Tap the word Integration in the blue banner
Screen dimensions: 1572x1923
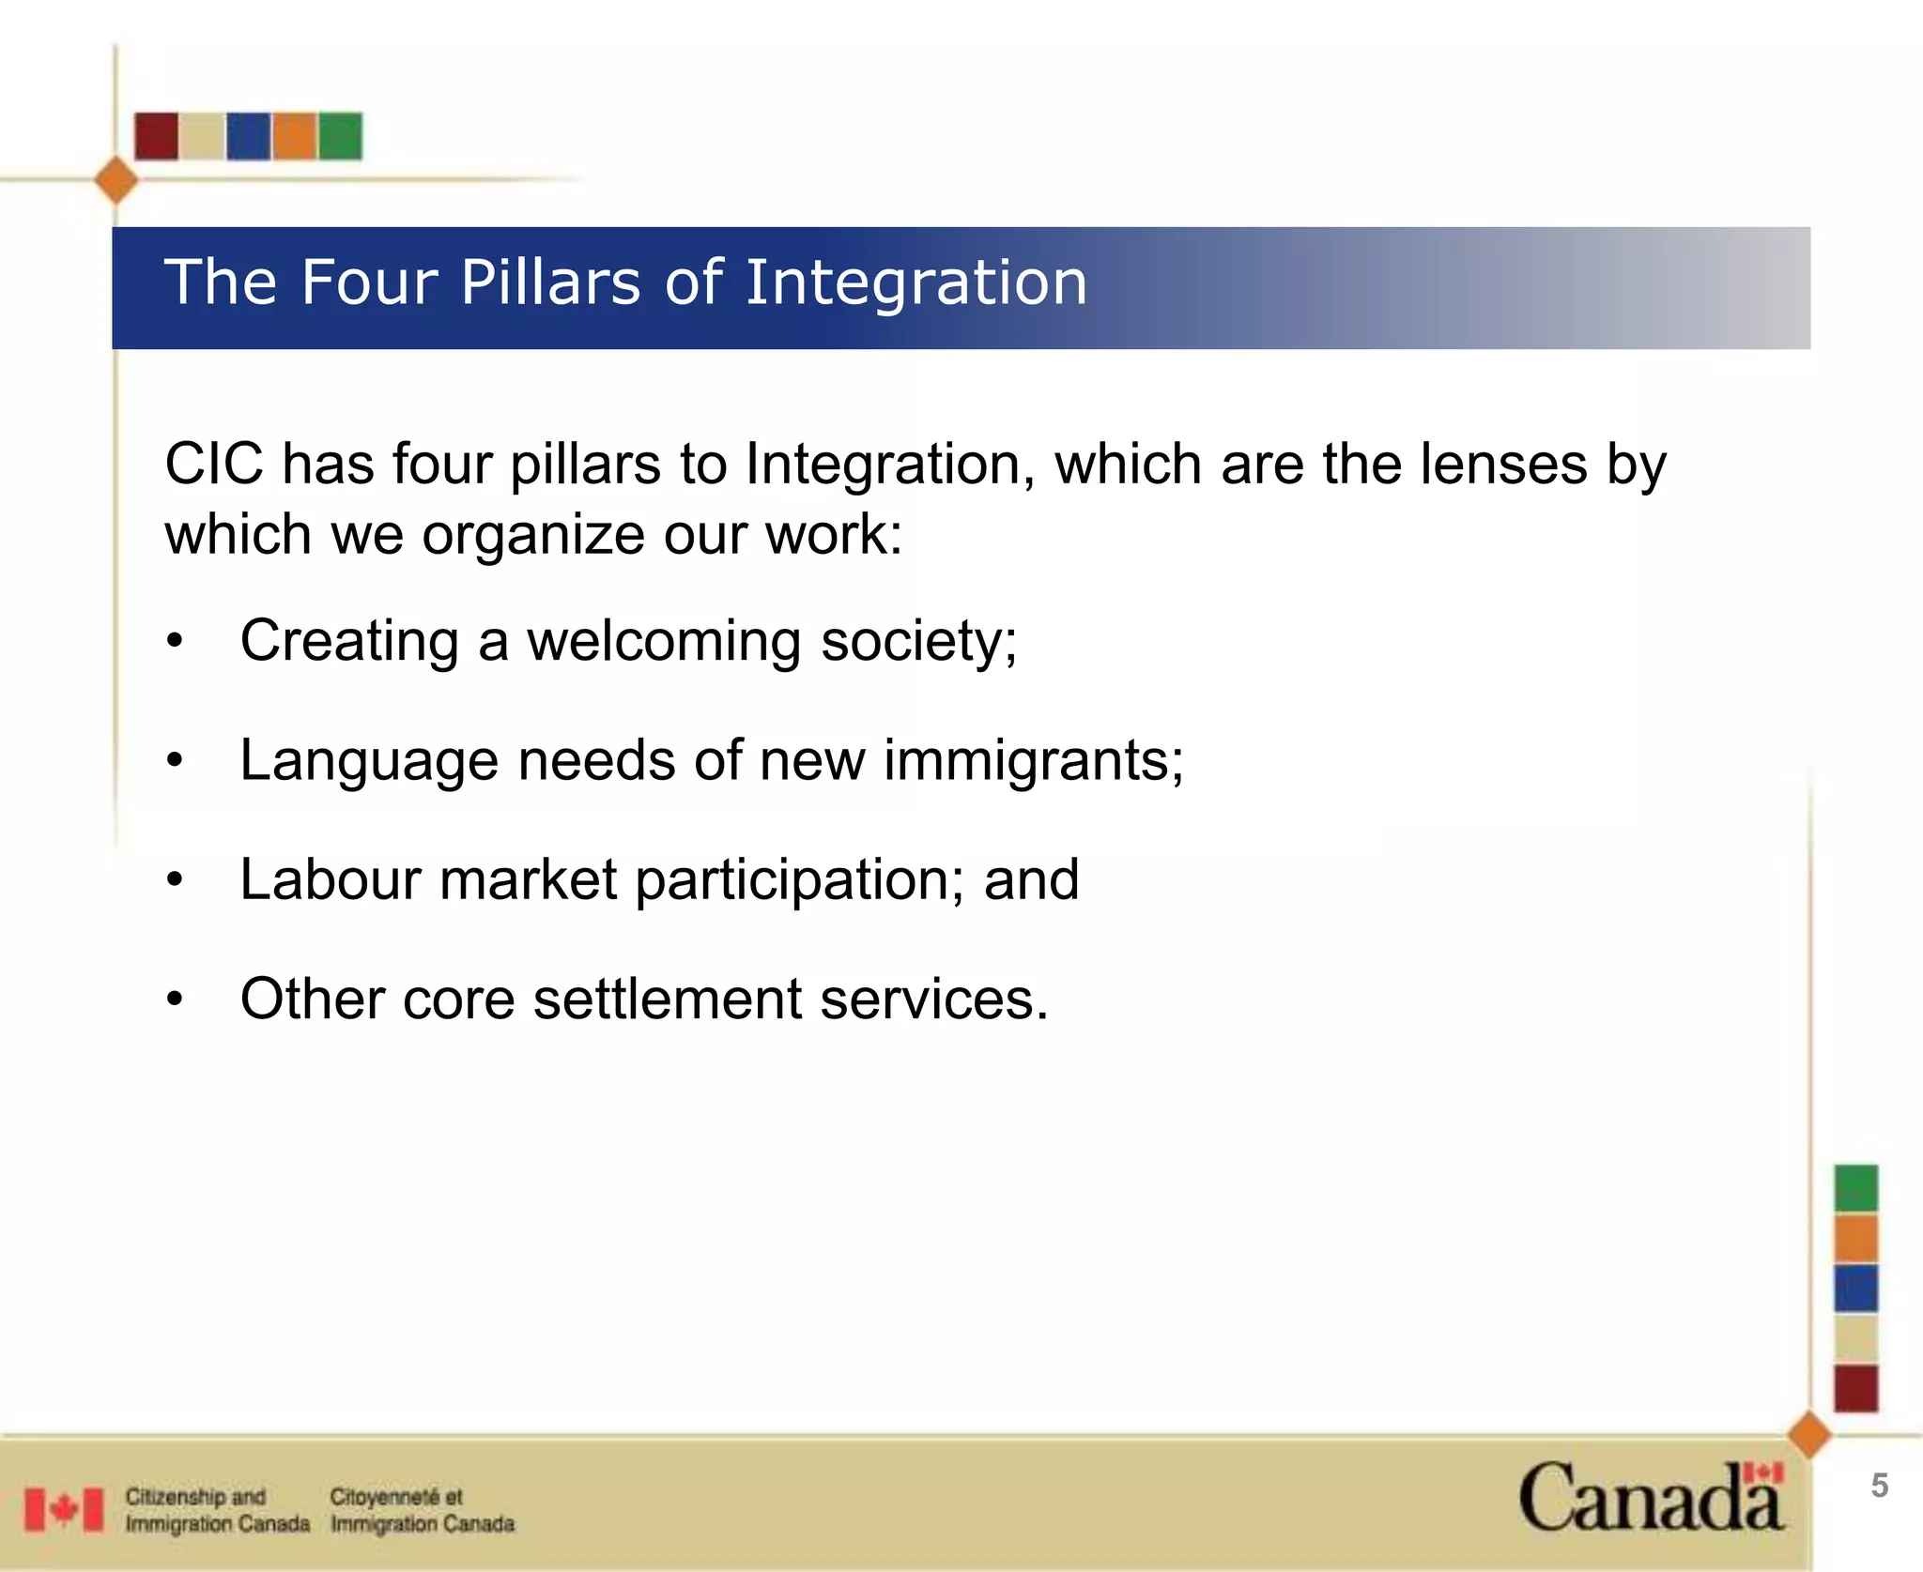pos(915,284)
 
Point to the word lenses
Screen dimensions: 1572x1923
pos(1502,464)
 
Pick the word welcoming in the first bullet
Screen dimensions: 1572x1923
pos(664,642)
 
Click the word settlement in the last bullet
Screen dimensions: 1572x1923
pos(667,999)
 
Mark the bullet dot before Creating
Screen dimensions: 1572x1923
pos(175,643)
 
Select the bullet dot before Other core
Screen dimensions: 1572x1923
pos(175,1000)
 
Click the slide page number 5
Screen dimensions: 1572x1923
pos(1879,1486)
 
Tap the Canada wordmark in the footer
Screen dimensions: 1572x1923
pos(1650,1498)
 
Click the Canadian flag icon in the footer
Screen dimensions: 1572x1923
pos(64,1509)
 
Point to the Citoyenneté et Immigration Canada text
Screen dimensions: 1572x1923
pos(422,1509)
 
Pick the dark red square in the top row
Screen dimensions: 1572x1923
pos(156,136)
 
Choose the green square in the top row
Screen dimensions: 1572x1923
pos(340,136)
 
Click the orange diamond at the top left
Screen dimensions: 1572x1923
pos(116,180)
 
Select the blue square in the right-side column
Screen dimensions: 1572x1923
pos(1856,1288)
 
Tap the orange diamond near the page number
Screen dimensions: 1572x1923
pos(1809,1435)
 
